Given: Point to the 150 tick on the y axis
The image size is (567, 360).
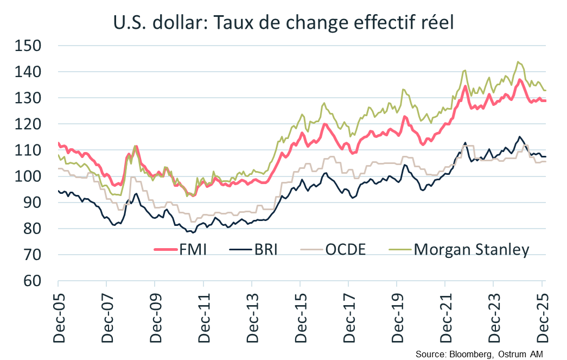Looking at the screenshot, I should click(28, 46).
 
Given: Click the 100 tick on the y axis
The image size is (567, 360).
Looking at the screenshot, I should click(28, 176).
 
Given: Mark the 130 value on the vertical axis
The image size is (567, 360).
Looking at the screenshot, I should click(28, 98).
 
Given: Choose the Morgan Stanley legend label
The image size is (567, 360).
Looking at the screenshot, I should click(471, 250).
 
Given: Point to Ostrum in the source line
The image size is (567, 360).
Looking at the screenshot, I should click(512, 353).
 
